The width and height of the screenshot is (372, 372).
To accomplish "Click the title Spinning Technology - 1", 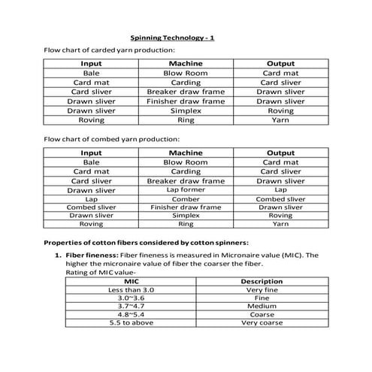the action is tap(172, 36).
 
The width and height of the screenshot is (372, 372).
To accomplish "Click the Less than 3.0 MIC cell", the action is tap(131, 289).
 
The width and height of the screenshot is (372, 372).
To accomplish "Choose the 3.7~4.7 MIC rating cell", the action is tap(131, 306).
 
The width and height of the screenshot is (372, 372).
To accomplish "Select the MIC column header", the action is tap(131, 280).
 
